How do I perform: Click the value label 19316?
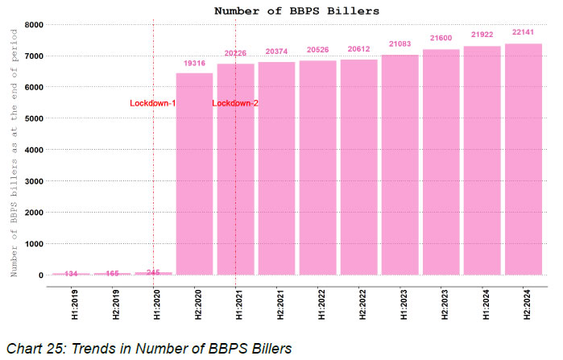click(194, 62)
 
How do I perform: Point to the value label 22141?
click(524, 33)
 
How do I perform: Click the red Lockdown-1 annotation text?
click(152, 104)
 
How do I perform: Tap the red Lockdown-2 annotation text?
click(235, 104)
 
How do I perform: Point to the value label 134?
click(71, 274)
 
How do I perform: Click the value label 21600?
click(441, 39)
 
